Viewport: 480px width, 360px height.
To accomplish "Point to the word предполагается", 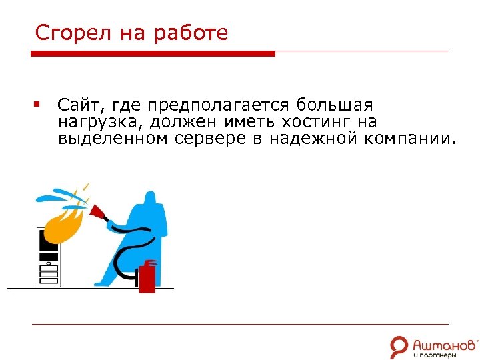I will tap(219, 105).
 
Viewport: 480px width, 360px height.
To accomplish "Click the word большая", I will tap(335, 105).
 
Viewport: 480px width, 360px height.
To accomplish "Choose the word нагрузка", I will tap(100, 123).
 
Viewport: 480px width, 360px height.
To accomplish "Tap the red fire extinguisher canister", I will tap(147, 277).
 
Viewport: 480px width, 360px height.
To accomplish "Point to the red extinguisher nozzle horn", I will tap(101, 213).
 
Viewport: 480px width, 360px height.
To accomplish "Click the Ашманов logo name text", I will tap(445, 345).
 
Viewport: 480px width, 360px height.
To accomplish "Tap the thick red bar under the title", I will tap(153, 54).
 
